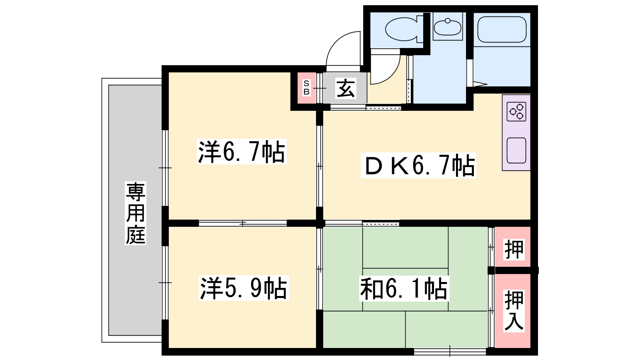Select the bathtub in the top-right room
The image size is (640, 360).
click(502, 30)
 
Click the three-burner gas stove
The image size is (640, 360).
click(516, 112)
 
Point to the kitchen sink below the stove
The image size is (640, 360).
click(516, 150)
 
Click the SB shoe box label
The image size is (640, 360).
click(306, 88)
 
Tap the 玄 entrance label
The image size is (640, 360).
click(346, 88)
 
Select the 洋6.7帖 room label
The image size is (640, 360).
click(242, 152)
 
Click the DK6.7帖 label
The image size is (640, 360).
click(418, 165)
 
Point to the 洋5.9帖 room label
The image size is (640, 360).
click(244, 288)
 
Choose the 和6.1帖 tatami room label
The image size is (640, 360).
click(404, 288)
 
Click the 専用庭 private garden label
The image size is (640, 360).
click(136, 213)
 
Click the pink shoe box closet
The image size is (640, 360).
click(306, 88)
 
